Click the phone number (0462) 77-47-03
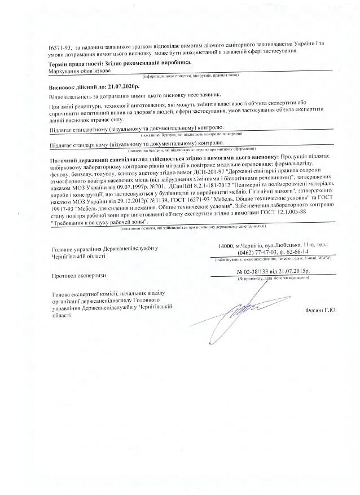click(259, 252)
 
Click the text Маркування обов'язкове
click(80, 72)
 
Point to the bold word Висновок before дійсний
click(64, 89)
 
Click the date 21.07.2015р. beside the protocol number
click(296, 272)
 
